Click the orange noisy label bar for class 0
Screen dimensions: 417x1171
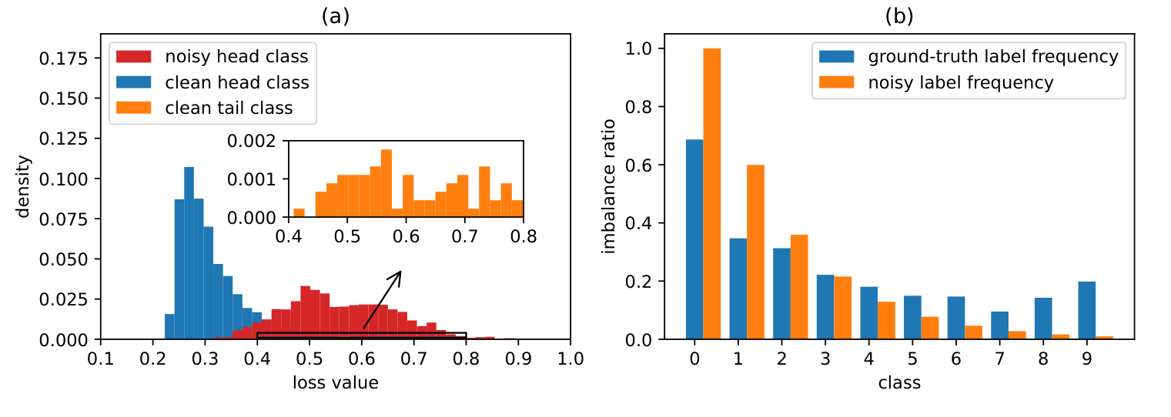pyautogui.click(x=711, y=194)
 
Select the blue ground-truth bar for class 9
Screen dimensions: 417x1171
pyautogui.click(x=1086, y=310)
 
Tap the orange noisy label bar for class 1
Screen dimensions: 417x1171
pyautogui.click(x=755, y=252)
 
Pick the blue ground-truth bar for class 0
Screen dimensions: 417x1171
pyautogui.click(x=694, y=239)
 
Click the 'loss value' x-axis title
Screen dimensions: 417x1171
pyautogui.click(x=336, y=382)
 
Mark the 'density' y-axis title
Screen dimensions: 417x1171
pyautogui.click(x=25, y=186)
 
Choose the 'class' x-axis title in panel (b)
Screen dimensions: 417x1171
pyautogui.click(x=899, y=382)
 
